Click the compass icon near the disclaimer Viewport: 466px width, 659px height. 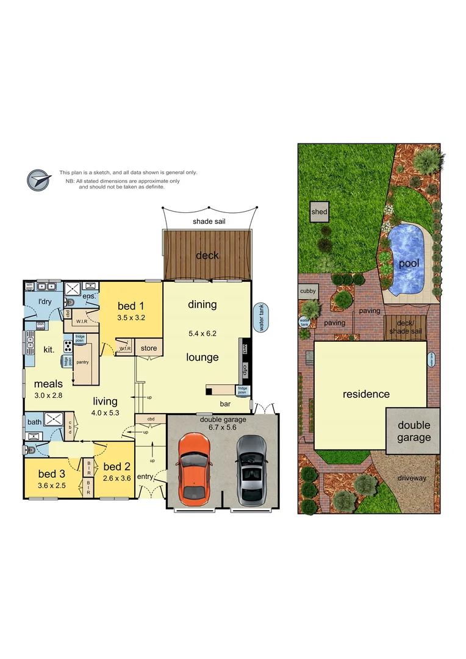pos(38,180)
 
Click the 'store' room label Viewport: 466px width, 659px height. pos(149,348)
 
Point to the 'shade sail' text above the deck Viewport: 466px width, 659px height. pos(209,221)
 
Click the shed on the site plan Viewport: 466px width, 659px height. pos(319,212)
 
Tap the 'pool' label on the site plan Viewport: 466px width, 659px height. pos(408,264)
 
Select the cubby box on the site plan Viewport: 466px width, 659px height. pos(308,292)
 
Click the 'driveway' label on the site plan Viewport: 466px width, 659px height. pos(413,478)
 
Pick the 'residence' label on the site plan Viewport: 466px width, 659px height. pos(365,394)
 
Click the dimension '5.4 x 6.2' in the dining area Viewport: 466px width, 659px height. pos(202,334)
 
